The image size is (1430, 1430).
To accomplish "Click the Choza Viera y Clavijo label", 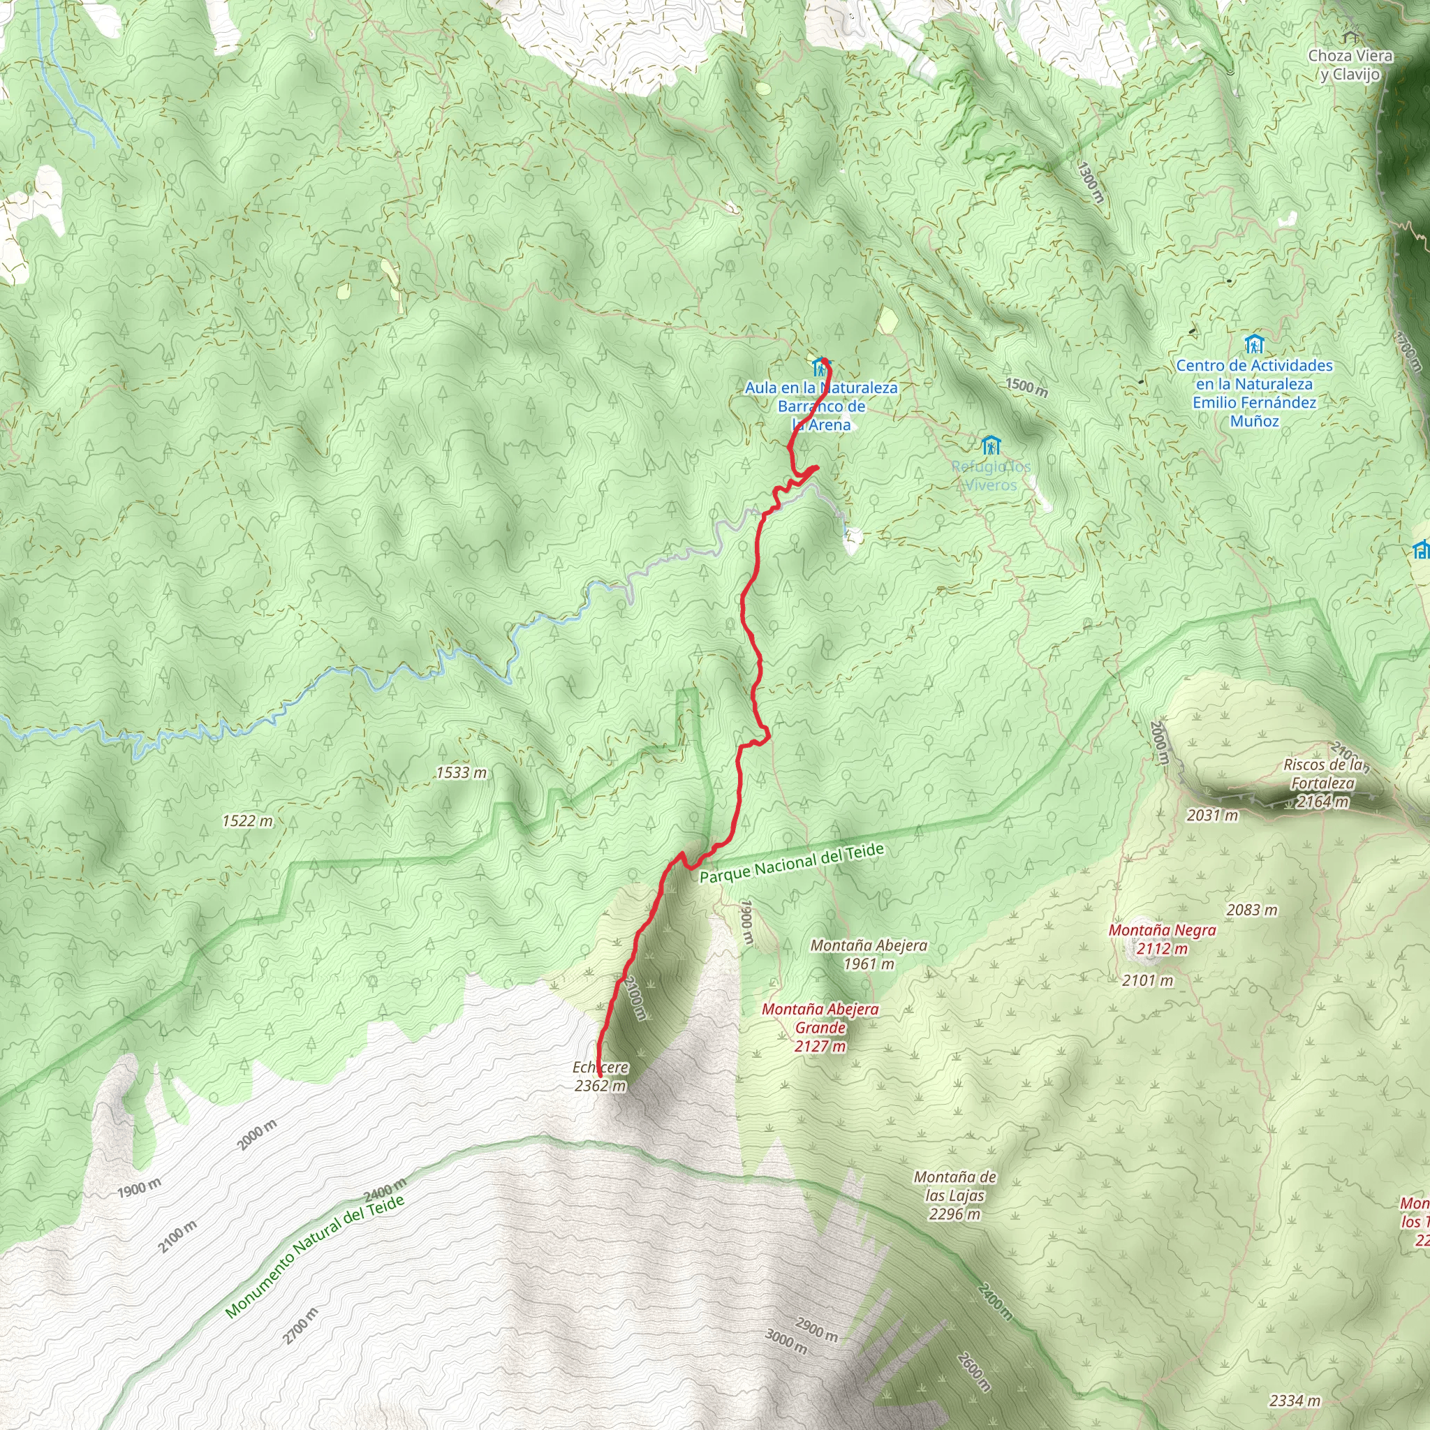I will (x=1350, y=64).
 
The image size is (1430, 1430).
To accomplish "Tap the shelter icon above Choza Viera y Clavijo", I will (x=1350, y=37).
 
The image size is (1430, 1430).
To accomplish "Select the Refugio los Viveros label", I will (x=990, y=476).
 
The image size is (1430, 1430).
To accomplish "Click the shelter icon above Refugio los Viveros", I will (x=990, y=445).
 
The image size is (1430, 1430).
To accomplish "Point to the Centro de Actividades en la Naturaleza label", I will (x=1254, y=393).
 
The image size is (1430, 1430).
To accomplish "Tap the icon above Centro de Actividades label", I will (x=1254, y=344).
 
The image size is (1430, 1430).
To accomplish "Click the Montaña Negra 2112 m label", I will (x=1162, y=939).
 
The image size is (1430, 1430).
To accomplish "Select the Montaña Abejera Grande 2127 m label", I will (x=820, y=1027).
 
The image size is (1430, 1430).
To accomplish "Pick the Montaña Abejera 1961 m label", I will (x=868, y=954).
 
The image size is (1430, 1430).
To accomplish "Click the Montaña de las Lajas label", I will (x=954, y=1195).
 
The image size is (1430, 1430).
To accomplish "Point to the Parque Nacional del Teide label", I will (x=791, y=863).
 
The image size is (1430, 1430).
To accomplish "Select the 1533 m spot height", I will (x=461, y=773).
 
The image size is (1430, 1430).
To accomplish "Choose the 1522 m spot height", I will (x=247, y=821).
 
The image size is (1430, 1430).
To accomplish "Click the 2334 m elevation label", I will (x=1295, y=1401).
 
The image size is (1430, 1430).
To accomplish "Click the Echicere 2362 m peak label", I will (x=600, y=1076).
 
